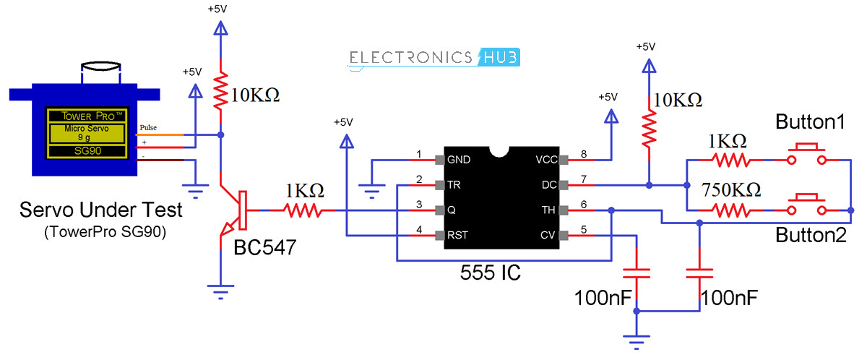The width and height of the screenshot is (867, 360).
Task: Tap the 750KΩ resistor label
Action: click(x=730, y=190)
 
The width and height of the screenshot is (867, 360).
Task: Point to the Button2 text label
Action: click(x=810, y=236)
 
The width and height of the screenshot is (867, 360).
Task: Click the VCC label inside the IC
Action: click(x=545, y=160)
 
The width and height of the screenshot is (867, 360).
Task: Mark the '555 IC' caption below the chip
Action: click(x=491, y=273)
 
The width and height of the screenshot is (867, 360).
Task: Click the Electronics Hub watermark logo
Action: click(x=434, y=58)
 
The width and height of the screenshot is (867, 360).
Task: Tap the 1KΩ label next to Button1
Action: click(x=728, y=140)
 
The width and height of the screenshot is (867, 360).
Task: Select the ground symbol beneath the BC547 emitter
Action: click(x=221, y=292)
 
